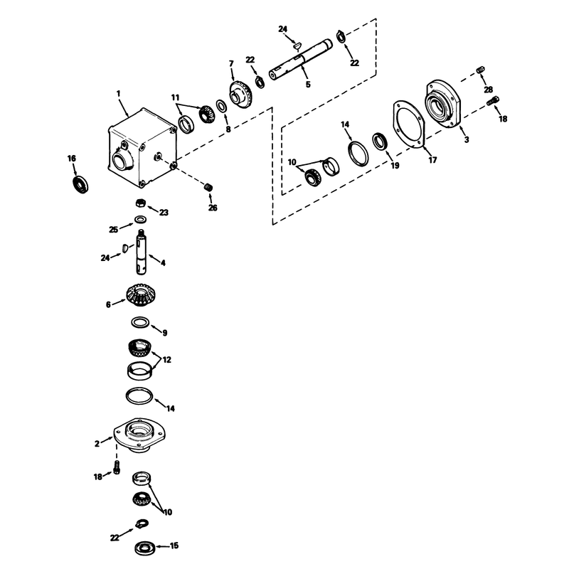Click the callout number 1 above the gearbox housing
(x=118, y=94)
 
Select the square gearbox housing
(x=142, y=148)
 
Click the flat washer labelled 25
(x=140, y=220)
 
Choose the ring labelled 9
(x=140, y=322)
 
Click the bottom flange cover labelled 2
(x=139, y=435)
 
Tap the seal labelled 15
(x=145, y=548)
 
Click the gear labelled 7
(x=242, y=94)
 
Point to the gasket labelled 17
(x=409, y=124)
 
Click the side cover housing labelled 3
(x=442, y=104)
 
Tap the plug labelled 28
(x=480, y=69)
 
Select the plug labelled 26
(x=208, y=187)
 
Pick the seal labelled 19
(x=380, y=141)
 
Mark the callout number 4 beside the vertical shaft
(x=163, y=262)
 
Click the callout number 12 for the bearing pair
(x=166, y=360)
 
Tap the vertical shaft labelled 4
(x=142, y=252)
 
